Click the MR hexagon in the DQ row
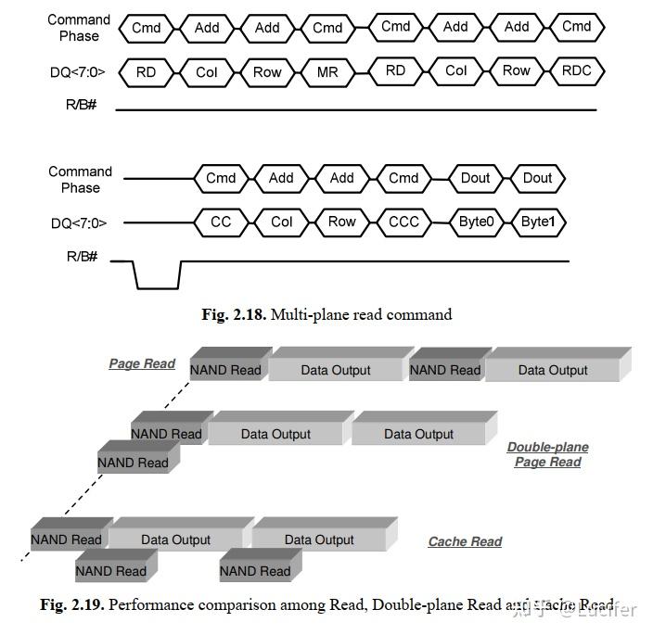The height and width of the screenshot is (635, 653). click(x=327, y=71)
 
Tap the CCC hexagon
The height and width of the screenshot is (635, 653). click(x=403, y=222)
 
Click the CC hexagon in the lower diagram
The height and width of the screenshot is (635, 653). click(x=221, y=222)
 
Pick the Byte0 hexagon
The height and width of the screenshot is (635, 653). click(x=476, y=222)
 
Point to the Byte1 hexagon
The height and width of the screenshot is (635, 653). click(x=537, y=222)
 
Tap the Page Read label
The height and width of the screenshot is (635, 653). click(x=142, y=363)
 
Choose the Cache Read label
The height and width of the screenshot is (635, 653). click(x=465, y=541)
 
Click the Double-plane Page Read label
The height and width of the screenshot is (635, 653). click(x=547, y=454)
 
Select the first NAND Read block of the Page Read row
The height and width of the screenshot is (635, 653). click(x=226, y=369)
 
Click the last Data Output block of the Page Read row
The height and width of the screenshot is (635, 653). click(x=553, y=369)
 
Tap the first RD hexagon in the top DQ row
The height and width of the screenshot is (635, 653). click(x=147, y=71)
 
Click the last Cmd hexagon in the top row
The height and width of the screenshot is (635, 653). click(x=577, y=27)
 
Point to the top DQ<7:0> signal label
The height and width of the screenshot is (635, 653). click(x=77, y=71)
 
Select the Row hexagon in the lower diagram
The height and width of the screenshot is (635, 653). click(x=342, y=222)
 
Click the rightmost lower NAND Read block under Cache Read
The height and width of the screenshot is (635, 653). click(x=255, y=571)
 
